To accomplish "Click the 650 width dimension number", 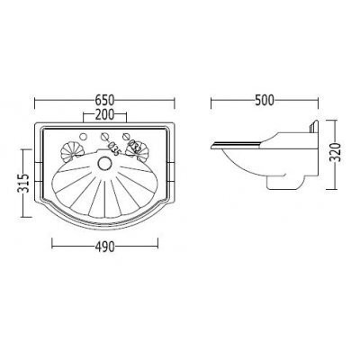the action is click(104, 100).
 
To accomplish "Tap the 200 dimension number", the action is click(104, 114).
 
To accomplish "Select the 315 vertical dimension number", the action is click(24, 183).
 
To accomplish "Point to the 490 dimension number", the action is click(105, 247).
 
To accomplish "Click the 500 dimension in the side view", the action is click(265, 100).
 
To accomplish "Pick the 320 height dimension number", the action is click(337, 152).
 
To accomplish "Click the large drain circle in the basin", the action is click(104, 164).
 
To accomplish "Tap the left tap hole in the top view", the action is click(83, 137).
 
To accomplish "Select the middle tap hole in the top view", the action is click(104, 136).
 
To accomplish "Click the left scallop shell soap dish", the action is click(71, 152).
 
